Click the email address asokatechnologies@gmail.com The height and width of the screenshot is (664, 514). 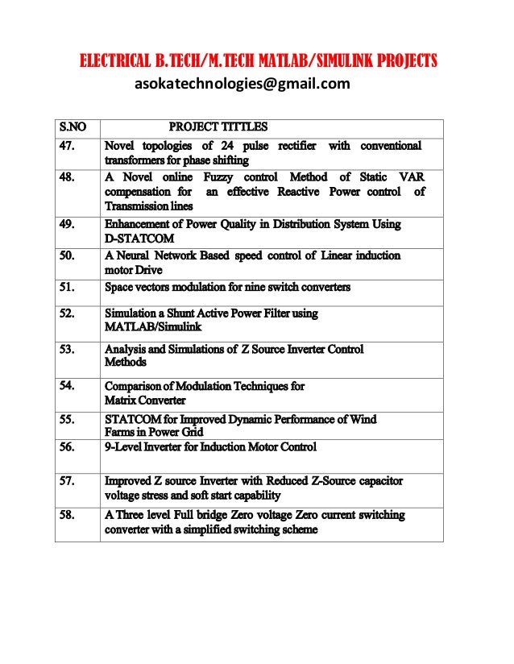(x=242, y=83)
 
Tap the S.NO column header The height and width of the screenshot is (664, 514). (x=73, y=127)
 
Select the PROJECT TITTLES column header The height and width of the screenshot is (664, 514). (x=218, y=127)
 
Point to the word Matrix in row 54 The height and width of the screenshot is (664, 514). (x=121, y=400)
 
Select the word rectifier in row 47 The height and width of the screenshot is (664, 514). (x=297, y=146)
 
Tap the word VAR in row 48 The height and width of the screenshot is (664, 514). (x=412, y=177)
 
